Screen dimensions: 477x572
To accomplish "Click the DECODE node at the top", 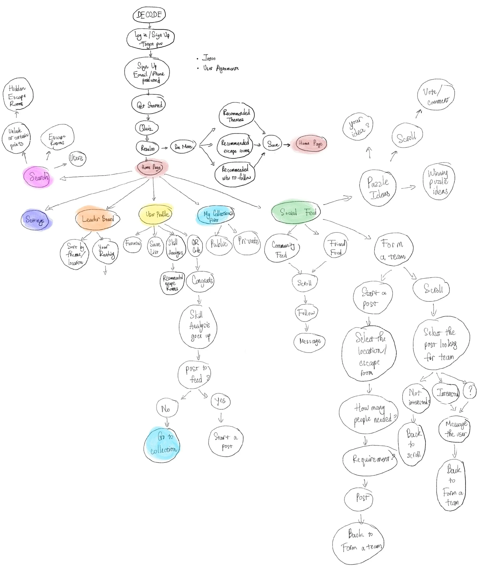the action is pyautogui.click(x=149, y=15).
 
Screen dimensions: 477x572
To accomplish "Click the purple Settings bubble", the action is pyautogui.click(x=35, y=220).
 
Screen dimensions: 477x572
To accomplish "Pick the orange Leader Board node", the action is pyautogui.click(x=97, y=219).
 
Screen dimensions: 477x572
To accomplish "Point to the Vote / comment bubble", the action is pyautogui.click(x=436, y=95).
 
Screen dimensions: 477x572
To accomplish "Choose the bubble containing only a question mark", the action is pyautogui.click(x=470, y=391).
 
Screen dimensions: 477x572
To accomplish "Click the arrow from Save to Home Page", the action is pyautogui.click(x=287, y=145).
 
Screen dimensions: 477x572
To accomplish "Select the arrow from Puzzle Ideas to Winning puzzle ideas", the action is pyautogui.click(x=408, y=187).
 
